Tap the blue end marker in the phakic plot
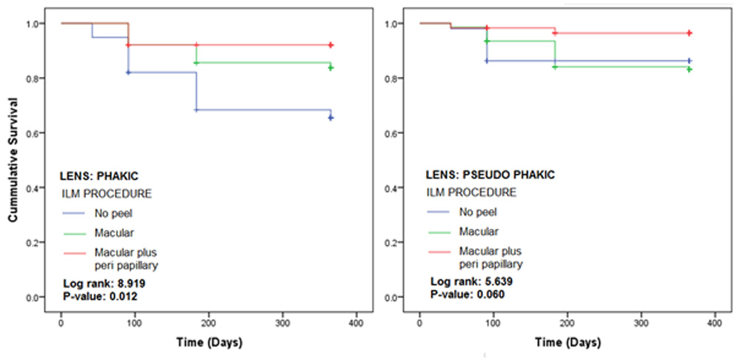[x=330, y=117]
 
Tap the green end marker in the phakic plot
[x=330, y=67]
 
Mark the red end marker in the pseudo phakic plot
[x=689, y=33]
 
